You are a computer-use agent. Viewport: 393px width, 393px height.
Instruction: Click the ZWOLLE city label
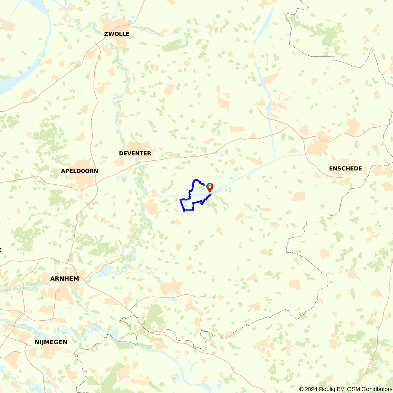[x=117, y=34]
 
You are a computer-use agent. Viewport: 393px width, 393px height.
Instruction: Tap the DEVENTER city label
[x=135, y=153]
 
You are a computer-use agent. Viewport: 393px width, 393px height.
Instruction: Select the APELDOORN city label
[x=79, y=171]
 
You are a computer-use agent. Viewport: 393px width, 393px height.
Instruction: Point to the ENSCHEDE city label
[x=345, y=169]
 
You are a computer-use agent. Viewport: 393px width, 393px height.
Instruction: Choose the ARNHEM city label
[x=64, y=279]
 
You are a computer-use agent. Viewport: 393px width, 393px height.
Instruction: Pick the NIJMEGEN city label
[x=51, y=342]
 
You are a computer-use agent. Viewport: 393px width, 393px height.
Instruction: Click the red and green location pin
[x=210, y=187]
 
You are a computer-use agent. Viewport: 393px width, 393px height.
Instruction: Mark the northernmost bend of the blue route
[x=195, y=180]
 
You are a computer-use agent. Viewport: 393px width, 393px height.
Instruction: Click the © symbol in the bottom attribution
[x=301, y=389]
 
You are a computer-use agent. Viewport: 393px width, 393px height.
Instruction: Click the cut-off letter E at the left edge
[x=1, y=250]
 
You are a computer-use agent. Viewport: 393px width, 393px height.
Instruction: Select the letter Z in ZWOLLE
[x=106, y=34]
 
